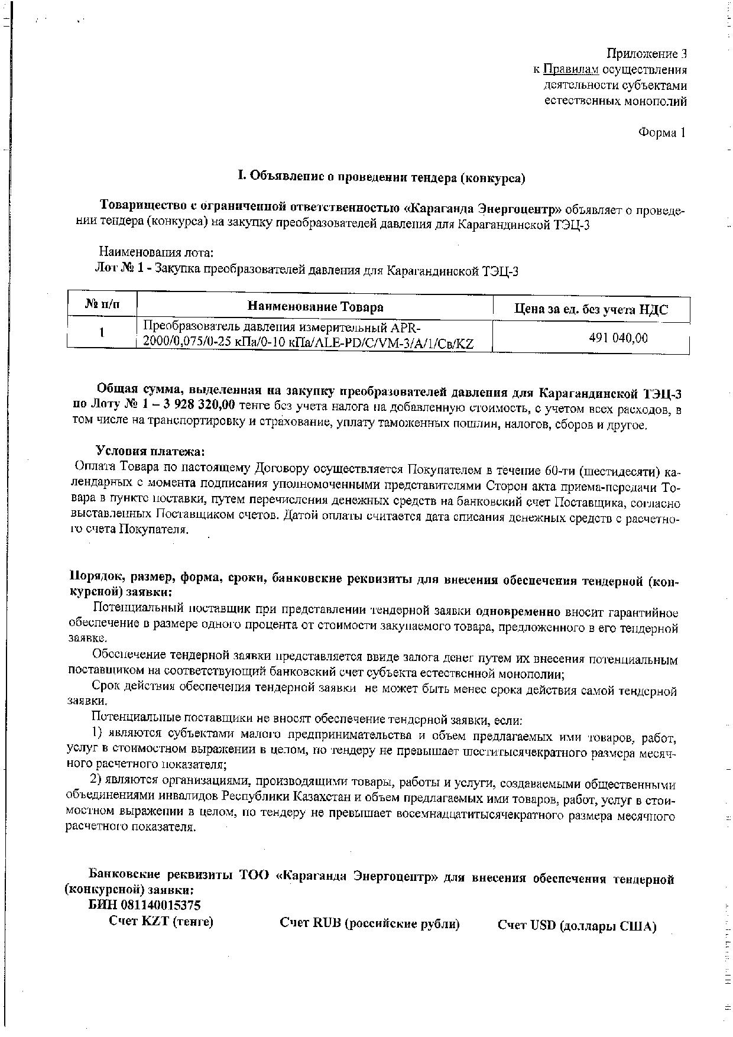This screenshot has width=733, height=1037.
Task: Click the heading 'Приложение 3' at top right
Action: pyautogui.click(x=646, y=54)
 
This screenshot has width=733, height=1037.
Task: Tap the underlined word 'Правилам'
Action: pyautogui.click(x=570, y=70)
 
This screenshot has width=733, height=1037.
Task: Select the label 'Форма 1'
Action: pyautogui.click(x=661, y=132)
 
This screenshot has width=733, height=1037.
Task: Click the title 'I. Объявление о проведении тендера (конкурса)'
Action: pyautogui.click(x=381, y=177)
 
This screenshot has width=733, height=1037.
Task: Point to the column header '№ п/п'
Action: pyautogui.click(x=102, y=304)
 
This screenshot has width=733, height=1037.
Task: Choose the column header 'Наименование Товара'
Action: pyautogui.click(x=315, y=306)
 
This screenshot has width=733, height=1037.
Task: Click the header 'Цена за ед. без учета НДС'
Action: pyautogui.click(x=591, y=309)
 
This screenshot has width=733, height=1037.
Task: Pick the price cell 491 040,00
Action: pyautogui.click(x=618, y=338)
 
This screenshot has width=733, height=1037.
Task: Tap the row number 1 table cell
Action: pyautogui.click(x=102, y=333)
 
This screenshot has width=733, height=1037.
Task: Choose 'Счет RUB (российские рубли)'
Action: pyautogui.click(x=369, y=923)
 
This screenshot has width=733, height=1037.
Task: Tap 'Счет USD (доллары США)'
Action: pyautogui.click(x=576, y=926)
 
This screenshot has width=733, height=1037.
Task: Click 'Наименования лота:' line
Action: pyautogui.click(x=155, y=253)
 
